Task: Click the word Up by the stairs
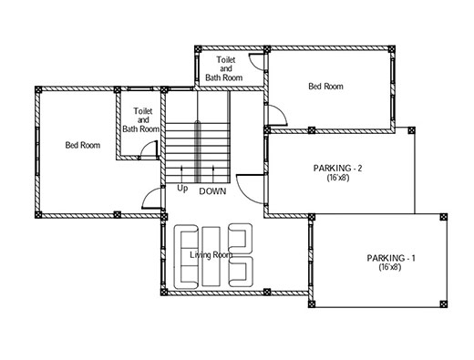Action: [x=182, y=190]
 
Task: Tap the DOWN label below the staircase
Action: [x=212, y=191]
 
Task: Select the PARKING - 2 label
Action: [x=339, y=170]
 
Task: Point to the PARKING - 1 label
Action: [x=391, y=259]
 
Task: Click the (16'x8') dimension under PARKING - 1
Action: [x=391, y=270]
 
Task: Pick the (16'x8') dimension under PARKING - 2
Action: [x=339, y=180]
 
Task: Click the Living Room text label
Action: [x=211, y=254]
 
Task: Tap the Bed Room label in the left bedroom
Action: [x=82, y=145]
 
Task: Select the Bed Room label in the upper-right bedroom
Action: [x=325, y=87]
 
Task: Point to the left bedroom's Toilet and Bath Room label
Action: [x=142, y=119]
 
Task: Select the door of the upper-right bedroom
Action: [x=274, y=116]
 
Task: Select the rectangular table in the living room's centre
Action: [x=211, y=256]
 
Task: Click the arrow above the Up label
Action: [x=183, y=173]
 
